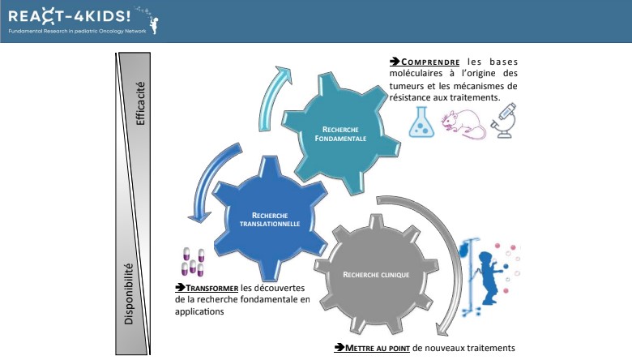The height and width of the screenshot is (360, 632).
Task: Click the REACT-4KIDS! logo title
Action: coord(70,16)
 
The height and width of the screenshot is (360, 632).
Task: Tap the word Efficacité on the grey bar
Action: coord(140,104)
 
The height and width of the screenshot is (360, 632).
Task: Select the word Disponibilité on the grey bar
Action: coord(129,294)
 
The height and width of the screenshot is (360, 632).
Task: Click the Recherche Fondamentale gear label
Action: coord(340,134)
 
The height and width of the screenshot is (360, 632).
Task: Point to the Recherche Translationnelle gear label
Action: coord(270,219)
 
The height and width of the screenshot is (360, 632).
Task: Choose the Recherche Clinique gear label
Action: coord(376,275)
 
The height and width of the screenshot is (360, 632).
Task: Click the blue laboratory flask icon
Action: coord(421,122)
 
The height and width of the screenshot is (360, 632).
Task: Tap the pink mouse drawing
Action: coord(463,124)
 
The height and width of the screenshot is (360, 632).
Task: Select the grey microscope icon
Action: coord(504,121)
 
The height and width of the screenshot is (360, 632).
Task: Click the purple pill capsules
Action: coord(193,262)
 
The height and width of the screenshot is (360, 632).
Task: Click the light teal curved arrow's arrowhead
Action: coord(284,74)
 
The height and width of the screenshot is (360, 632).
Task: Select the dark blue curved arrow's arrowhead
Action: coord(199,216)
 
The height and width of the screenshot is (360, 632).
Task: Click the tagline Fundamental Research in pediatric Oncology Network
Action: coord(78,31)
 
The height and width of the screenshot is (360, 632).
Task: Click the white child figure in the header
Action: coord(154,24)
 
